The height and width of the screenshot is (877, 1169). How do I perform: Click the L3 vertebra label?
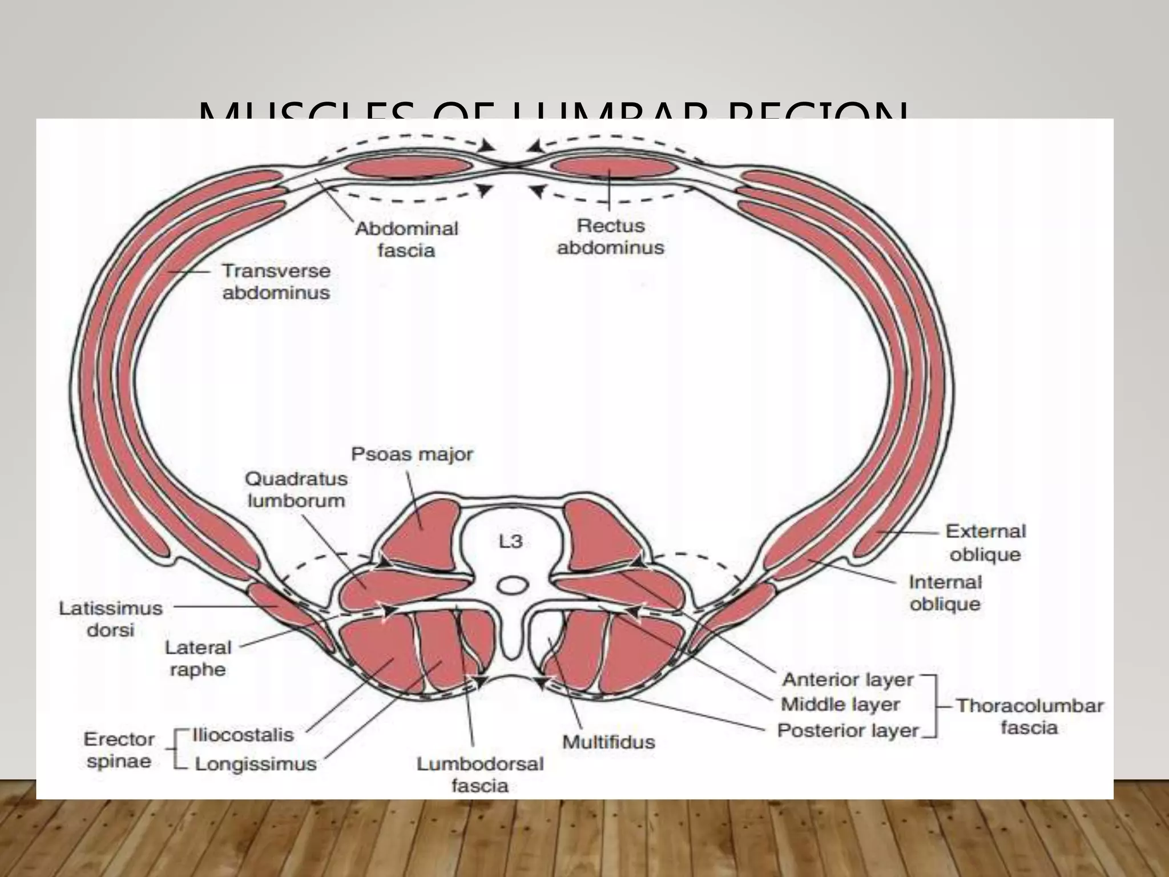tap(510, 541)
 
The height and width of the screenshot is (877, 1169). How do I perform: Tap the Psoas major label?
tap(412, 454)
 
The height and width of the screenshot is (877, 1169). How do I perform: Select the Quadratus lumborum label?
tap(296, 489)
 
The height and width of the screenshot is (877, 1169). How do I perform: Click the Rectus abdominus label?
tap(610, 236)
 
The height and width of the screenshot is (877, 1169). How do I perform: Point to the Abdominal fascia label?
tap(406, 239)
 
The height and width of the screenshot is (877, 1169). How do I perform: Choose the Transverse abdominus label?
tap(276, 281)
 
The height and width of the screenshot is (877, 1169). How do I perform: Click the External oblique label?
tap(985, 542)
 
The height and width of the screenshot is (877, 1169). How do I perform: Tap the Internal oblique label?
tap(945, 593)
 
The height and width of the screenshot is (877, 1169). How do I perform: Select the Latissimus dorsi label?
tap(111, 619)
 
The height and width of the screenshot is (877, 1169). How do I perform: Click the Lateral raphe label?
tap(198, 658)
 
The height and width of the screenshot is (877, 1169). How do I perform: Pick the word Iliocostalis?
tap(243, 734)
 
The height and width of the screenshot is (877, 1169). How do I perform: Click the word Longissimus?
tap(256, 764)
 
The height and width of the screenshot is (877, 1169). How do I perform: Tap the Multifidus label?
tap(608, 742)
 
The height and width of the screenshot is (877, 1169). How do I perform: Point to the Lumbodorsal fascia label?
tap(479, 775)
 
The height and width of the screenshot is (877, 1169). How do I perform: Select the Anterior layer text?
tap(848, 680)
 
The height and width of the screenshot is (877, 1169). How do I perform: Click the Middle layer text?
tap(840, 705)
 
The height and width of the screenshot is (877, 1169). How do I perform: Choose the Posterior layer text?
tap(848, 730)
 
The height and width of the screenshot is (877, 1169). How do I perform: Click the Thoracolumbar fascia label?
tap(1029, 717)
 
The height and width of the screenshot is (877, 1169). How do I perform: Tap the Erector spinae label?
tap(119, 750)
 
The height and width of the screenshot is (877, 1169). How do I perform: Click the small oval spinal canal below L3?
tap(513, 585)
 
